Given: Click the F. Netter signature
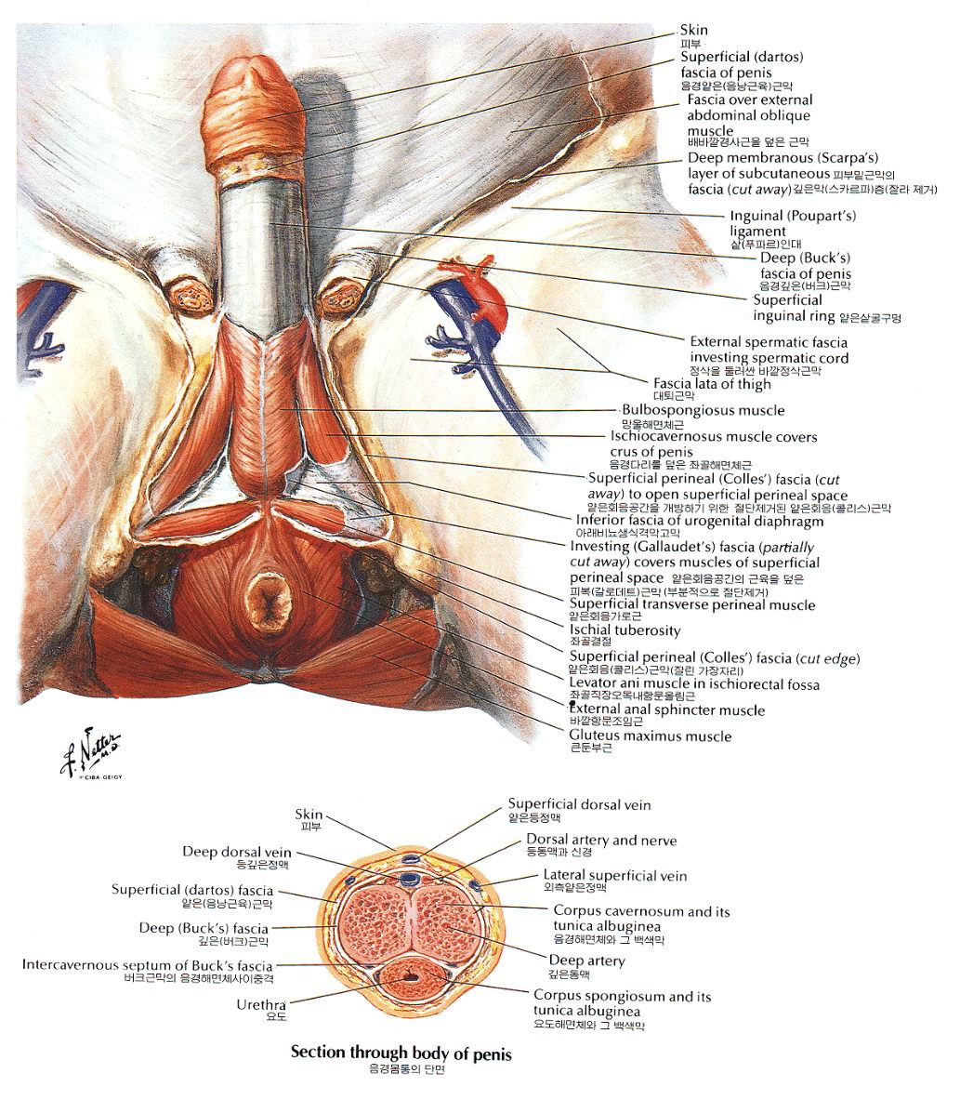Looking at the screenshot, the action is pyautogui.click(x=91, y=751).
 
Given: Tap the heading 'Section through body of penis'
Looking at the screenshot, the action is pyautogui.click(x=401, y=1053).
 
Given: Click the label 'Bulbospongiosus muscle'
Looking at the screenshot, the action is pyautogui.click(x=704, y=410).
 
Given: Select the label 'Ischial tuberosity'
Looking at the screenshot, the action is pyautogui.click(x=625, y=630).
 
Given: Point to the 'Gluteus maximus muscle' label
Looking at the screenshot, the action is pyautogui.click(x=650, y=736).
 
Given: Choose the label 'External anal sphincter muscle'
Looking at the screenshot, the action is pyautogui.click(x=667, y=710).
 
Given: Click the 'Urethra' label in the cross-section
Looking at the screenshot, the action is pyautogui.click(x=261, y=1004).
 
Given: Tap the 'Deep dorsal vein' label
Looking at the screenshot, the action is pyautogui.click(x=236, y=852).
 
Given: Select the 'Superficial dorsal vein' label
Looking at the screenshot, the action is pyautogui.click(x=579, y=804).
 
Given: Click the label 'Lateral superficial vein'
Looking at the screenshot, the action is pyautogui.click(x=615, y=876).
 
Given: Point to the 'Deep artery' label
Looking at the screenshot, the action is pyautogui.click(x=586, y=961).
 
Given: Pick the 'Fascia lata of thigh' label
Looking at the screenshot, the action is pyautogui.click(x=712, y=384).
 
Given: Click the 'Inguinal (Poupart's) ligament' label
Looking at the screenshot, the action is pyautogui.click(x=793, y=223).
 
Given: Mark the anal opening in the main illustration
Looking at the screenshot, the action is pyautogui.click(x=270, y=599).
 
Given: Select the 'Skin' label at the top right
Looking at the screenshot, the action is pyautogui.click(x=693, y=30).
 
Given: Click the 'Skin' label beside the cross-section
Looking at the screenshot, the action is pyautogui.click(x=309, y=815).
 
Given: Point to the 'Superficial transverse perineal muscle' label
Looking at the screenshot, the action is pyautogui.click(x=692, y=604).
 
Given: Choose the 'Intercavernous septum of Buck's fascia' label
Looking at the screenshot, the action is pyautogui.click(x=147, y=964).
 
